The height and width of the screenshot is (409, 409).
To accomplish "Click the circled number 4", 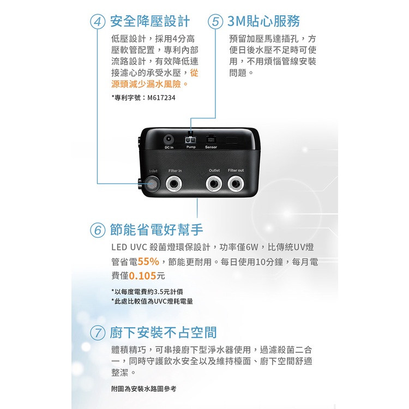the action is click(x=98, y=22).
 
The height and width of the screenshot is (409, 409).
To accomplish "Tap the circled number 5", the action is click(x=215, y=22).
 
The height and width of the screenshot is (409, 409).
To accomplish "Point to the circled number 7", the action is click(x=98, y=333).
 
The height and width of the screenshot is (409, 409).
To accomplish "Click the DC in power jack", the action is click(x=169, y=139).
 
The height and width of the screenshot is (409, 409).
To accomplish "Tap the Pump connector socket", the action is click(x=191, y=140).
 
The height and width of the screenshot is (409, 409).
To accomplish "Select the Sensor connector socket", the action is click(x=210, y=139).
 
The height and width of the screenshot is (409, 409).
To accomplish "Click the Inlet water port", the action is click(x=153, y=183).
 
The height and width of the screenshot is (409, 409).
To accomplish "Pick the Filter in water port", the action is click(x=174, y=183).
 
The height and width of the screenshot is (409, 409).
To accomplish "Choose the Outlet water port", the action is click(x=214, y=183).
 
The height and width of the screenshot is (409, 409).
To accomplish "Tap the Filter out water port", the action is click(x=236, y=183).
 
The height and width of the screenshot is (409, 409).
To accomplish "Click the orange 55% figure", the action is click(x=148, y=261).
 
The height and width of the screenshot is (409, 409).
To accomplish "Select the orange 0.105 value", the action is click(x=142, y=276).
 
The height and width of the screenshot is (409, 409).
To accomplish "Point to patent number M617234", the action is click(x=161, y=98).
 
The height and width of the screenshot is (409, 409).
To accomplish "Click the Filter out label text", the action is click(x=236, y=170).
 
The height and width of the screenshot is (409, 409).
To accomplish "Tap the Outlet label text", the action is click(x=214, y=170).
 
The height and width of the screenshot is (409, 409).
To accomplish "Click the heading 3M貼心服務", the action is click(x=263, y=21).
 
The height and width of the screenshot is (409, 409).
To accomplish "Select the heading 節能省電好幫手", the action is click(x=157, y=230).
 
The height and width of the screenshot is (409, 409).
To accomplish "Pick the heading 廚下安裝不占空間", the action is click(x=163, y=333).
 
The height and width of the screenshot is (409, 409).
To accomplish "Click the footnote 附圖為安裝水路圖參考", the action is click(x=144, y=389).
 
